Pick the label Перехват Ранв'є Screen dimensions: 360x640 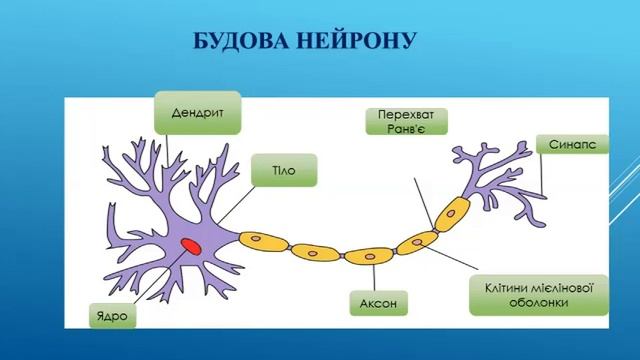[406, 123]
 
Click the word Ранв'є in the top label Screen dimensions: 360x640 [406, 131]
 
